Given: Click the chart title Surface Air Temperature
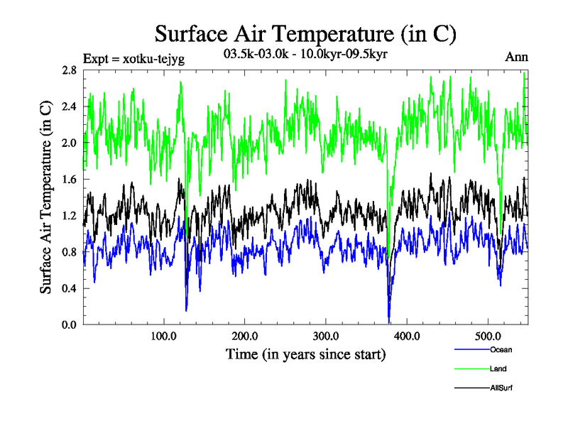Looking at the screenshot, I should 305,33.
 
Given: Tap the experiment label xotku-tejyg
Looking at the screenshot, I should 134,59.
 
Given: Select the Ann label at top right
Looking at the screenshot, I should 516,57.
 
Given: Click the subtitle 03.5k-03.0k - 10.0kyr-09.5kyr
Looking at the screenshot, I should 305,53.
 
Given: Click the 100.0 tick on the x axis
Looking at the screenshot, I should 163,336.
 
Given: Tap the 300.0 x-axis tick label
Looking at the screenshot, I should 325,336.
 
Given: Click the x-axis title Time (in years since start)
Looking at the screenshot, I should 305,354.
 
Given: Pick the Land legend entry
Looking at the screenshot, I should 498,368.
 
